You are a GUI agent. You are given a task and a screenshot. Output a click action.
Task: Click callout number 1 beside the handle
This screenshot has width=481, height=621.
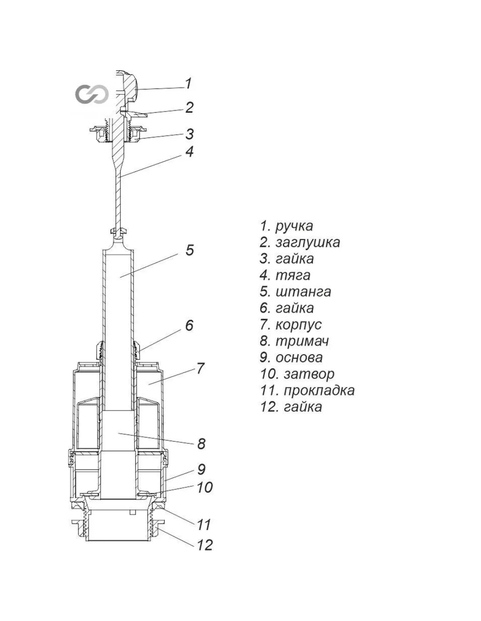click(x=188, y=83)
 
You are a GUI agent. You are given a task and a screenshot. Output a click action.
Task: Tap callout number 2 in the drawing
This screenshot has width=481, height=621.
click(x=189, y=107)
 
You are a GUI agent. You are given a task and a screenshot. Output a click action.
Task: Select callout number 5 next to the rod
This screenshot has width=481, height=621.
click(x=189, y=250)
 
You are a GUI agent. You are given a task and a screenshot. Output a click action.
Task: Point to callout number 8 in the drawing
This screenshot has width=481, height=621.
click(x=201, y=444)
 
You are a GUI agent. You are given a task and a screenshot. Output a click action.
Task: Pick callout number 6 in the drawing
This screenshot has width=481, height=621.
click(x=189, y=325)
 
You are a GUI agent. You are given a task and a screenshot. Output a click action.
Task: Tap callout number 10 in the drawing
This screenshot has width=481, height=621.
click(x=204, y=487)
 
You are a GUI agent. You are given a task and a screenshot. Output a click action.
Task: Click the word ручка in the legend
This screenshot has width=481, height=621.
click(x=294, y=226)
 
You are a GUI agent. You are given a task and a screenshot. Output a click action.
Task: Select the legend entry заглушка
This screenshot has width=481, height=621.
click(x=307, y=242)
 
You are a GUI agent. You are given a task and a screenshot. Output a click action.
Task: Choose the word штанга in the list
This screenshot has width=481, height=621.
click(x=303, y=292)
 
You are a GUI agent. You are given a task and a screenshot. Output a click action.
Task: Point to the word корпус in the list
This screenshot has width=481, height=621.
click(x=298, y=325)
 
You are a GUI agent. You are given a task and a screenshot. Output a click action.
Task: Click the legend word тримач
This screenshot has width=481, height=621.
click(x=302, y=341)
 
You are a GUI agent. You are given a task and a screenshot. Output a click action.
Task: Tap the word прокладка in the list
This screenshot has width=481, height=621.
click(x=319, y=390)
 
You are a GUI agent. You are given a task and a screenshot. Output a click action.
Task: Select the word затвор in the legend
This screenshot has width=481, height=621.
click(x=309, y=374)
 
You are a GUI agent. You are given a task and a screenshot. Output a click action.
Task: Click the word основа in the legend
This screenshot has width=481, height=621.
click(x=299, y=358)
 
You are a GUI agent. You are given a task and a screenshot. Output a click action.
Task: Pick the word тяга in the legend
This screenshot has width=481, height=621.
click(x=293, y=276)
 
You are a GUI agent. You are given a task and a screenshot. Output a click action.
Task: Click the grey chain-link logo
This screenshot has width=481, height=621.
click(x=91, y=94)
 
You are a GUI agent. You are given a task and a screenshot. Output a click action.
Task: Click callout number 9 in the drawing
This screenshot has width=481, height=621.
click(x=201, y=469)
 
